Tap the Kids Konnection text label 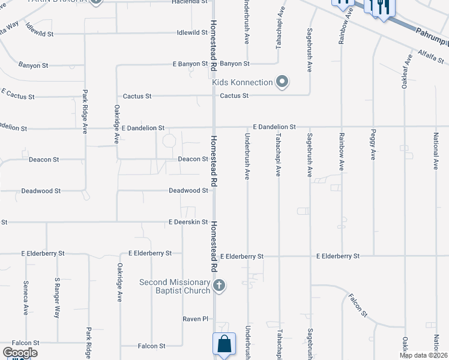click(243, 82)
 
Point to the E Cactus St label click(18, 94)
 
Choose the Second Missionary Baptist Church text click(175, 286)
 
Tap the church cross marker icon click(220, 285)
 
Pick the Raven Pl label click(195, 319)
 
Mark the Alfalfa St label click(431, 57)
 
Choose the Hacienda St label click(190, 2)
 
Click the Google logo click(20, 353)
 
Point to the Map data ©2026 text click(424, 355)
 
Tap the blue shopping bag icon click(223, 345)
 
